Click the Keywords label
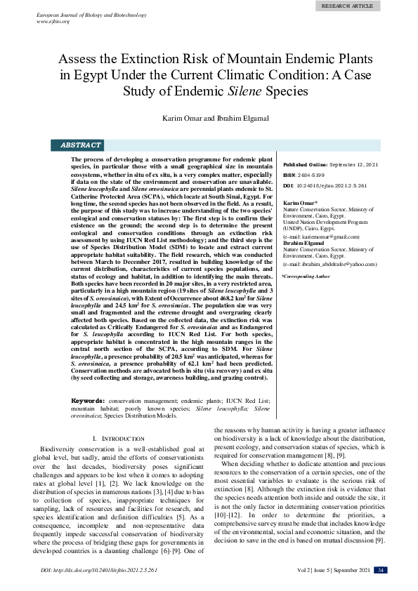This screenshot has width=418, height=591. pos(89,400)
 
